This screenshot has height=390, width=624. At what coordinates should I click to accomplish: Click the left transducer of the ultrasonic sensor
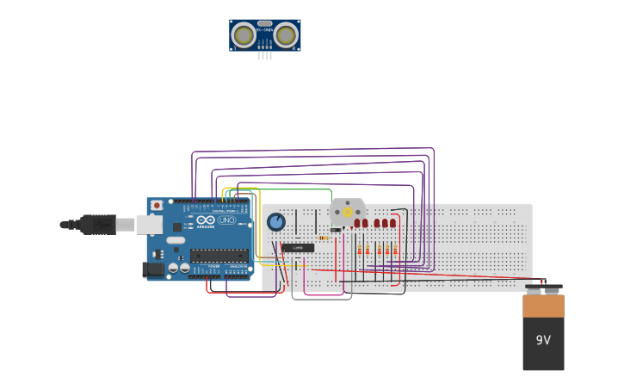[x=244, y=35]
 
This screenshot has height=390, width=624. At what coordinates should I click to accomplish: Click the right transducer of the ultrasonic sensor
[x=286, y=35]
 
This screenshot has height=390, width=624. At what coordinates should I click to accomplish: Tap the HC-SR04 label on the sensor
[x=265, y=30]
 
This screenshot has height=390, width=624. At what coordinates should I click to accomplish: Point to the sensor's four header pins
[x=265, y=55]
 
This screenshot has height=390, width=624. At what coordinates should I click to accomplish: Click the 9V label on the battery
[x=543, y=340]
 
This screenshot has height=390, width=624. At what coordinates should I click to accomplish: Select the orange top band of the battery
[x=543, y=306]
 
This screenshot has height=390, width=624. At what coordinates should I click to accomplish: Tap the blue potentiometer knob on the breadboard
[x=275, y=222]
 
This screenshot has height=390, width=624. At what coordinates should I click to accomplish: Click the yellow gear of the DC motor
[x=348, y=212]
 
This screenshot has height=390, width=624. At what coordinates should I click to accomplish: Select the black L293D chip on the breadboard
[x=298, y=248]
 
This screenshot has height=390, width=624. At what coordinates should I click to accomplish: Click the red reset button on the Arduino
[x=157, y=205]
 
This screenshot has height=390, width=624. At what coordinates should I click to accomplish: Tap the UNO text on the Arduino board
[x=227, y=220]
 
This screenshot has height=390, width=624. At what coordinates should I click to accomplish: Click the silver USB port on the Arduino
[x=149, y=225]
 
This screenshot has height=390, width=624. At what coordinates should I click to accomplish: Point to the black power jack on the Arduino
[x=153, y=269]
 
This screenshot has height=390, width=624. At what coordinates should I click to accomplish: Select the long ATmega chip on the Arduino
[x=219, y=255]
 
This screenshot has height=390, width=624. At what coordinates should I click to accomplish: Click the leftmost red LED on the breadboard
[x=357, y=223]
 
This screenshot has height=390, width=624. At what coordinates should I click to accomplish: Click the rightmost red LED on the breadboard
[x=393, y=223]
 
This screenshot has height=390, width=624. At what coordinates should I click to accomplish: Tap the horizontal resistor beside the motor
[x=324, y=238]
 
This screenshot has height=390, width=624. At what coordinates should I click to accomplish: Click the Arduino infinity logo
[x=206, y=220]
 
